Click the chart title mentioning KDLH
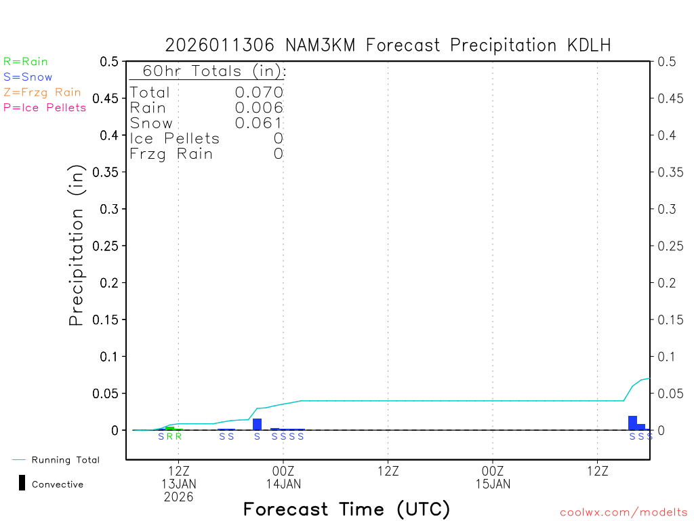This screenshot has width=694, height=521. tap(388, 45)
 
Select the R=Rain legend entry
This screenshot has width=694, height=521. tap(26, 62)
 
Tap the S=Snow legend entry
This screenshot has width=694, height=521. tap(28, 77)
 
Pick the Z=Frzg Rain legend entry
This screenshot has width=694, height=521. tap(42, 92)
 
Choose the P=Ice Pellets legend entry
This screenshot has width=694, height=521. tap(45, 107)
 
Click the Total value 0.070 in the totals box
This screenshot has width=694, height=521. tap(259, 92)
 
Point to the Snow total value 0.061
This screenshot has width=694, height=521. tap(259, 123)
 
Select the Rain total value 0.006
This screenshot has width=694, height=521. tap(259, 107)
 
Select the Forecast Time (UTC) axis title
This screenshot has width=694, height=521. tap(346, 509)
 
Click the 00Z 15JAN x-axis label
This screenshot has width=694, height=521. tap(493, 478)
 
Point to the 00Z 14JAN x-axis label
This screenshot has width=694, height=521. tap(283, 478)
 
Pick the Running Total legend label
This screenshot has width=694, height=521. tap(65, 460)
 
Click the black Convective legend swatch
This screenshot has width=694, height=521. tap(22, 483)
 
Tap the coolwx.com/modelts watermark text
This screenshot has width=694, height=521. tap(624, 513)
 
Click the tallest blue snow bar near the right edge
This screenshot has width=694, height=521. tap(632, 423)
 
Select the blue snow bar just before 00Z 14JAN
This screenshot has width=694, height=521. tap(257, 424)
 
